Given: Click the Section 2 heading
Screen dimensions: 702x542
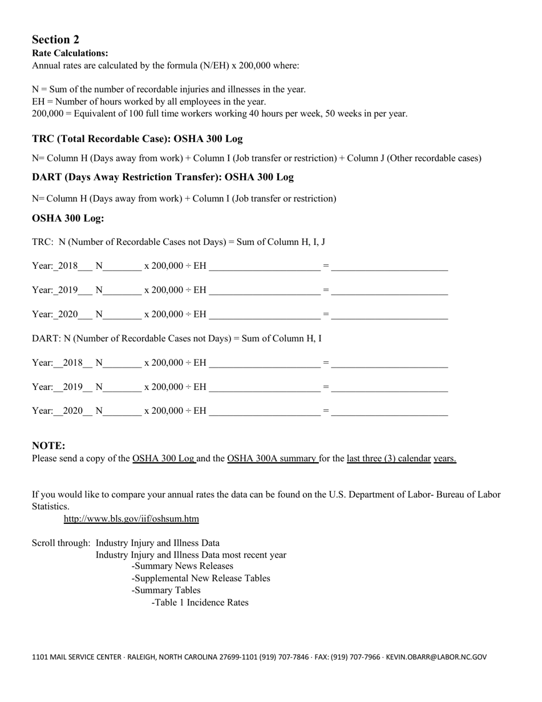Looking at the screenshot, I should click(55, 39).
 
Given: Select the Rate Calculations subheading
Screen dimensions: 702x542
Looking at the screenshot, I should click(70, 53).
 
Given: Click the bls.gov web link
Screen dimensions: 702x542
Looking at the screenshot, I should click(131, 519).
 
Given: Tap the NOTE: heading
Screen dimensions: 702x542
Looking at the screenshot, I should click(48, 446).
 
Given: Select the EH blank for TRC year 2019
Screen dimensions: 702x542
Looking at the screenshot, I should click(265, 290).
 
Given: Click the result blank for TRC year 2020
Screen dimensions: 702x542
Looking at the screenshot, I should click(389, 314).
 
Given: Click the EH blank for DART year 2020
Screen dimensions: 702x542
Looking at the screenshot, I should click(265, 411).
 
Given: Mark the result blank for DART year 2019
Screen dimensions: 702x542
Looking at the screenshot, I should click(389, 387).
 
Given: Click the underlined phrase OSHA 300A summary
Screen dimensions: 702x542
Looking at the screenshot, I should click(272, 458).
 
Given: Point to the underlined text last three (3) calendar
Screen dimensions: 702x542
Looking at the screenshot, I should click(389, 458).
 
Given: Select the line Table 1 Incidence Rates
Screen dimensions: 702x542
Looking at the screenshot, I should click(200, 603).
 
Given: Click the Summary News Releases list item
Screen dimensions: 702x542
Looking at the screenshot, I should click(182, 566).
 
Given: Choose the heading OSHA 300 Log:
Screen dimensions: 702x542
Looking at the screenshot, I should click(68, 219).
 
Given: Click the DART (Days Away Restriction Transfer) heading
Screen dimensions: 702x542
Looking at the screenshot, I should click(163, 177).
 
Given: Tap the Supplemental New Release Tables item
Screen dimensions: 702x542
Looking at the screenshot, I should click(201, 578).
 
